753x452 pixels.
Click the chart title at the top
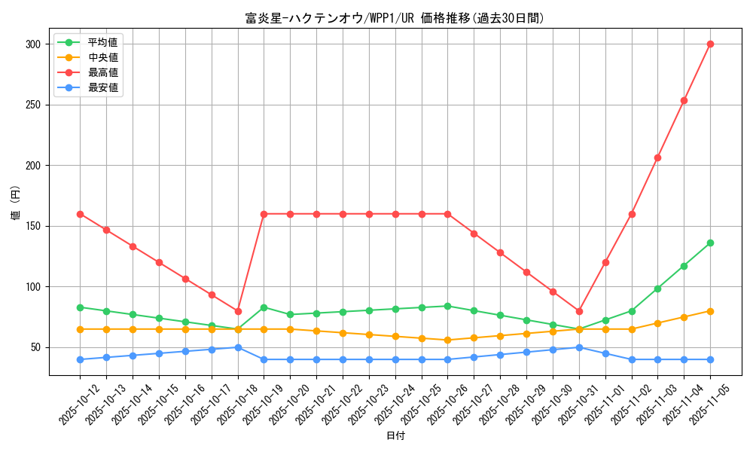click(x=395, y=18)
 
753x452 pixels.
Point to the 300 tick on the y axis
click(x=32, y=44)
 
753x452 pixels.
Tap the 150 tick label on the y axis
click(x=32, y=226)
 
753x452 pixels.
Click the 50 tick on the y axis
click(x=35, y=347)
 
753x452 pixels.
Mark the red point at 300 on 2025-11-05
click(x=710, y=44)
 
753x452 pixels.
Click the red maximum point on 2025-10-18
click(x=238, y=311)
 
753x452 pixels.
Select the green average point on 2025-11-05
click(x=710, y=243)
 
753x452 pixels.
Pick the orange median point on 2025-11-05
click(x=710, y=311)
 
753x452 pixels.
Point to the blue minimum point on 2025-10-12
click(x=81, y=359)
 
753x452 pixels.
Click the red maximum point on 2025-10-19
click(x=264, y=214)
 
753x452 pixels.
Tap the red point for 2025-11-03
click(x=657, y=157)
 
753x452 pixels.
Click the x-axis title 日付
click(x=395, y=436)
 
